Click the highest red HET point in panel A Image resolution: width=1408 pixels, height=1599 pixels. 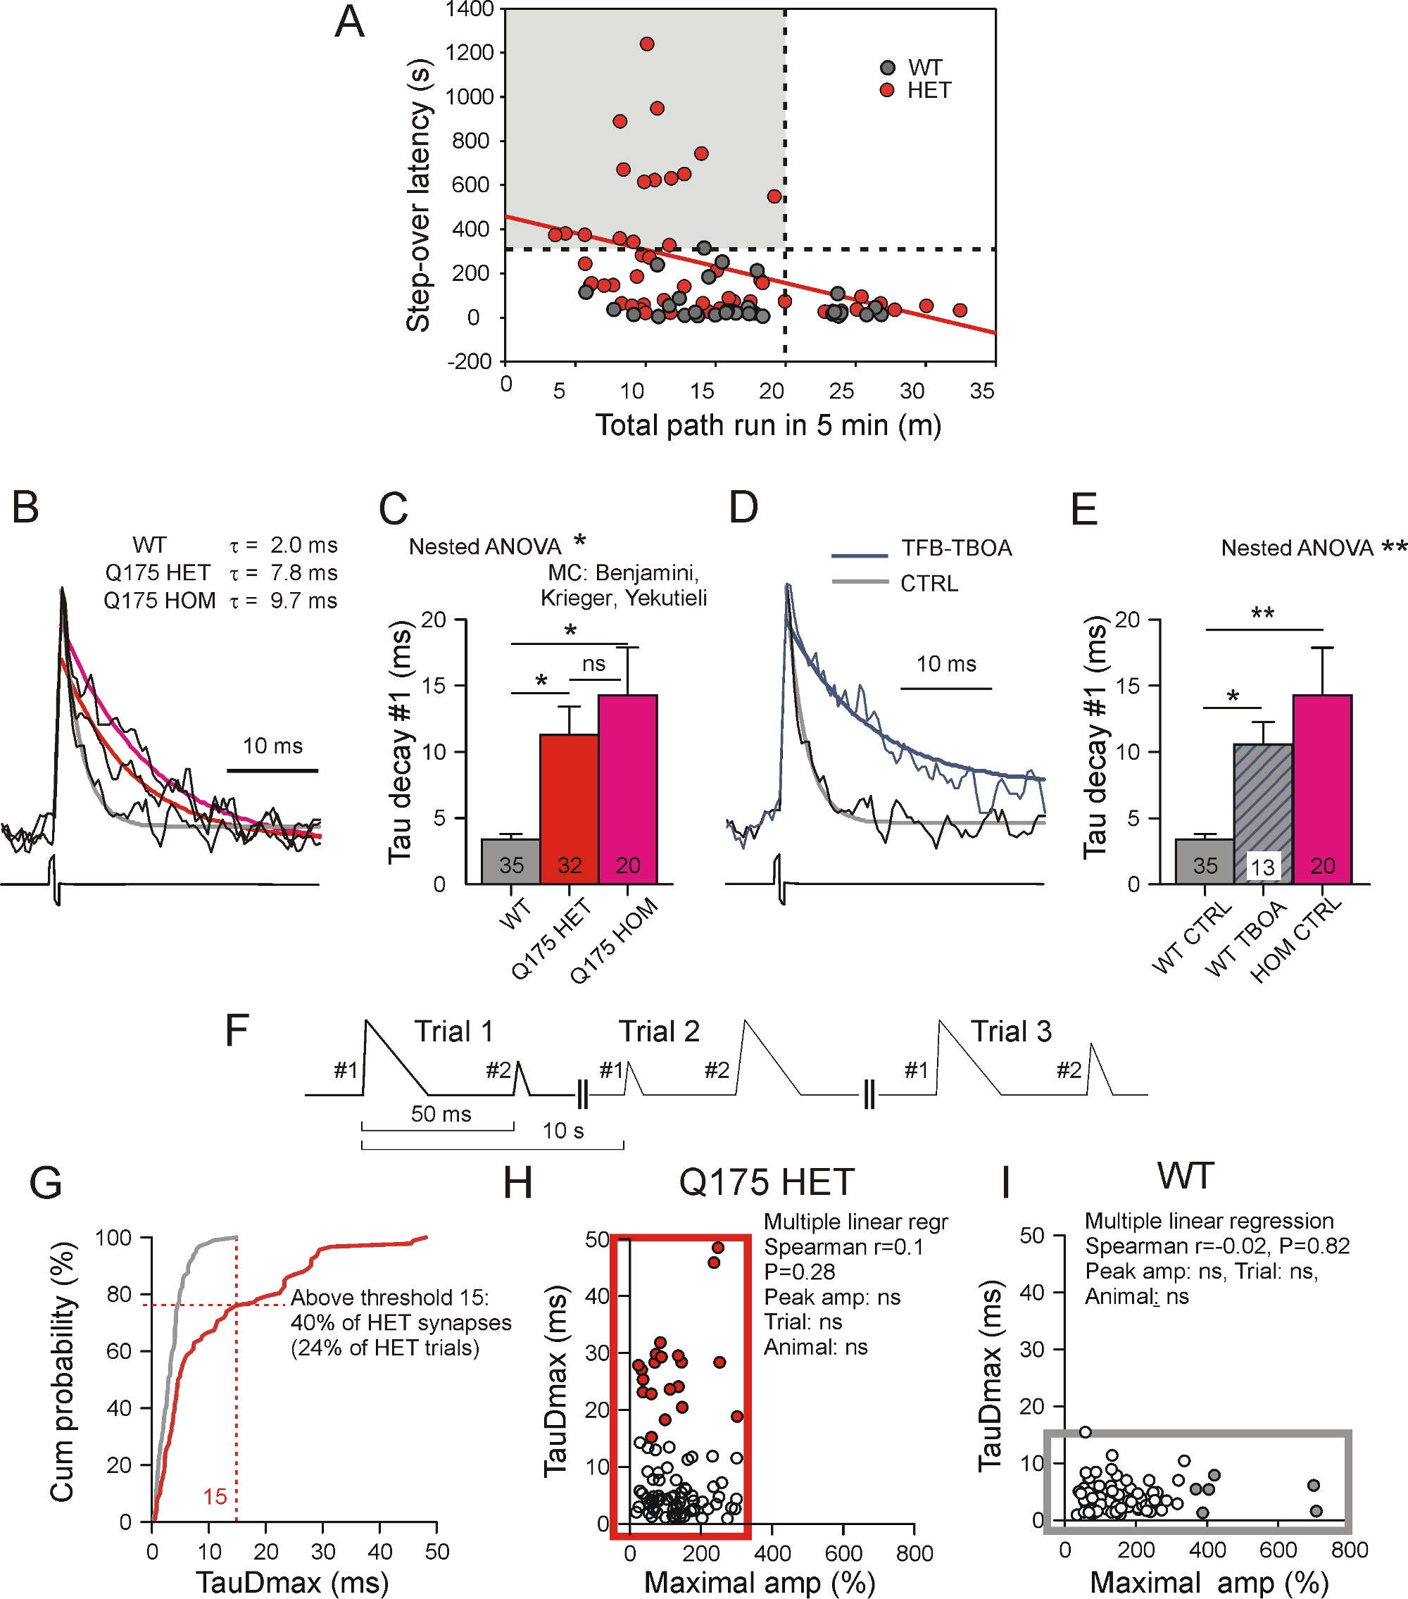[x=647, y=44]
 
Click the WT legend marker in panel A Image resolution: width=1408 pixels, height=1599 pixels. [x=887, y=68]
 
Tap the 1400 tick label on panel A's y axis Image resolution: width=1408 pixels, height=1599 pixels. [x=470, y=9]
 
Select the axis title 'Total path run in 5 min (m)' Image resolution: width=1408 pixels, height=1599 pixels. [x=768, y=425]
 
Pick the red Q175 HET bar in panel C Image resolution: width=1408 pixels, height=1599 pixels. [x=570, y=810]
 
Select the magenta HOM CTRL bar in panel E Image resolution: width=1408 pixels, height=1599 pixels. [x=1322, y=790]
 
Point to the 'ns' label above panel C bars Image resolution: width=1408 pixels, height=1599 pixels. [x=593, y=663]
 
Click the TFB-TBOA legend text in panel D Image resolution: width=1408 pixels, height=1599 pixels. [x=956, y=548]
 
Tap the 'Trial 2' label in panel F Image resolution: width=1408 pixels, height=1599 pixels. [x=659, y=1031]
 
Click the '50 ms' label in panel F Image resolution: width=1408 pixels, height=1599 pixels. [x=441, y=1113]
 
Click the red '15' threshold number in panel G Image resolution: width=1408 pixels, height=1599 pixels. [x=215, y=1496]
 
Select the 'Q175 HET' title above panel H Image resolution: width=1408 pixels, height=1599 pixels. [x=766, y=1182]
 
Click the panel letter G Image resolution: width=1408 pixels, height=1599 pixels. [x=45, y=1183]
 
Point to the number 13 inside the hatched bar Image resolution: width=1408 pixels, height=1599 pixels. [x=1262, y=867]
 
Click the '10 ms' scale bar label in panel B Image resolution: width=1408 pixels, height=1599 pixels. [x=272, y=746]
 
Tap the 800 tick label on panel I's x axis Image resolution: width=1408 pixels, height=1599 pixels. [x=1350, y=1550]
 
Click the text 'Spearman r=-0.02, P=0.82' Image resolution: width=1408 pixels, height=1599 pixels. [x=1217, y=1246]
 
